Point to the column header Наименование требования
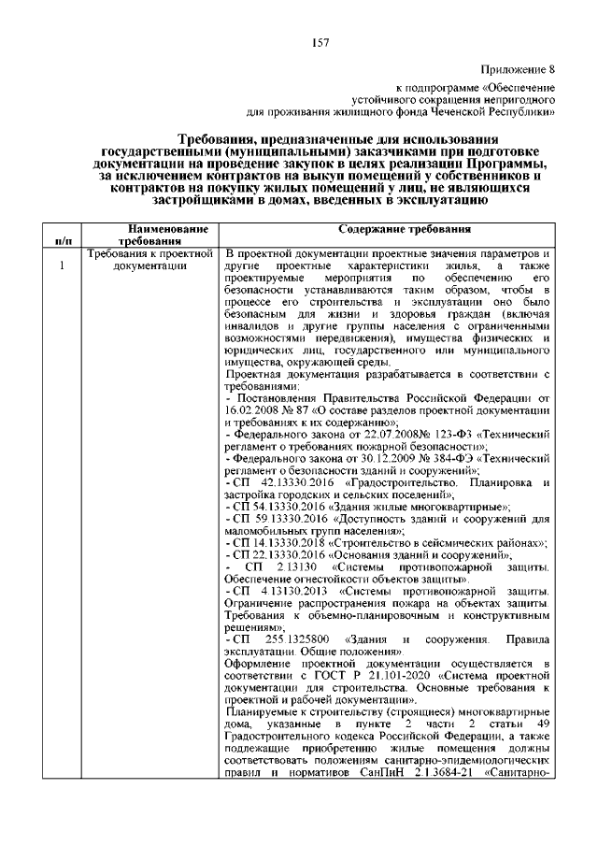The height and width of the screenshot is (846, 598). [x=152, y=235]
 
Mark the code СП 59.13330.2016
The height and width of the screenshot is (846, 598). [x=280, y=519]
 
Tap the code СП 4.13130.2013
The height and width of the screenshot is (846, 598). [x=280, y=592]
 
